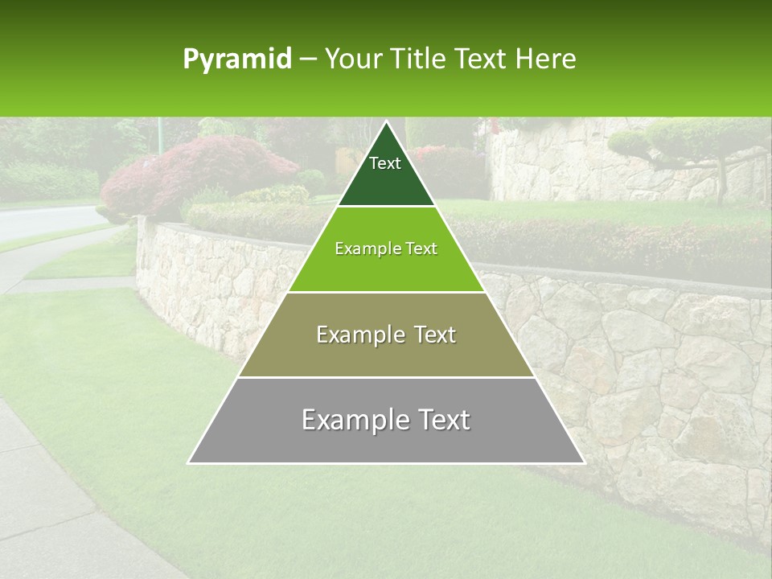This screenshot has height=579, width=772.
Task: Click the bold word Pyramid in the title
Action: click(237, 60)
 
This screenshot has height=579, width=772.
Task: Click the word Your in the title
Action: click(352, 60)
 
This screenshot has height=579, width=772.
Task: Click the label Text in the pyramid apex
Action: click(385, 163)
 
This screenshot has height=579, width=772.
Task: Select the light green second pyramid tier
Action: click(386, 265)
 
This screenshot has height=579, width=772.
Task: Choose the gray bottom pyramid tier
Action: click(386, 438)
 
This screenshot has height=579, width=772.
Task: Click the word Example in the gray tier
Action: click(351, 420)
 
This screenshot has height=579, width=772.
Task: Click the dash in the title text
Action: click(308, 60)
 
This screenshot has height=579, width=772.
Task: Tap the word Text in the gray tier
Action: click(441, 420)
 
